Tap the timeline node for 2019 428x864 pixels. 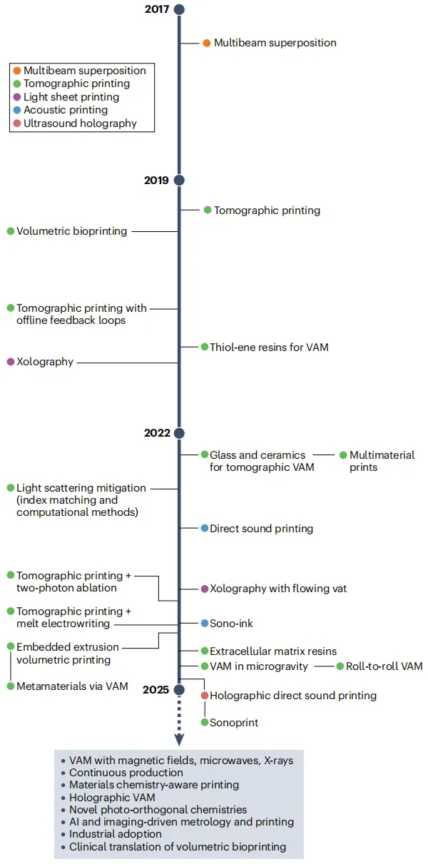pos(179,180)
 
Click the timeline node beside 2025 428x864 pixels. pos(179,689)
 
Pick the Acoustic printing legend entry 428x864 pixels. pos(65,110)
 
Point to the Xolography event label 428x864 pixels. pos(45,362)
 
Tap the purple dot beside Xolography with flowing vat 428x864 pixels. pos(205,589)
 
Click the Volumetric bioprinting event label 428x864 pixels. pos(71,231)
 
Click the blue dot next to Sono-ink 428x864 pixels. pos(205,623)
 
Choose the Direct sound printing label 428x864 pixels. pos(261,529)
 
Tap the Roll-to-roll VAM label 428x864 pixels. pos(384,666)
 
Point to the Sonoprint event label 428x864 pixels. pos(234,723)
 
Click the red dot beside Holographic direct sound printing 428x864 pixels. pos(205,695)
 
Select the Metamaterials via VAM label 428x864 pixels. pos(72,686)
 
